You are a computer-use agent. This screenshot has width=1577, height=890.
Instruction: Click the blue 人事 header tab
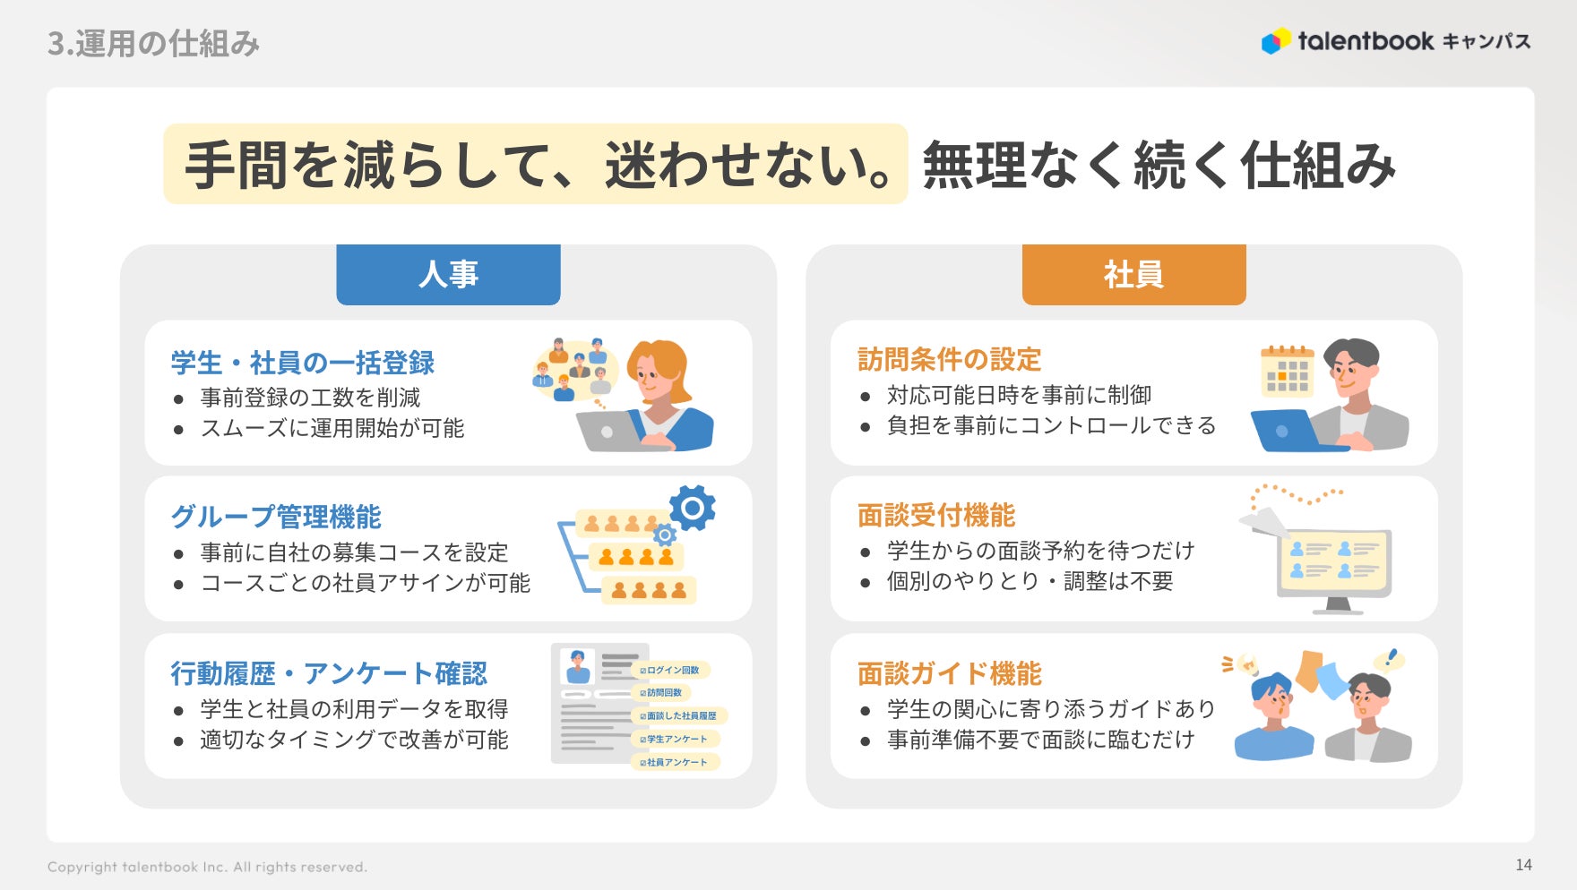click(x=448, y=274)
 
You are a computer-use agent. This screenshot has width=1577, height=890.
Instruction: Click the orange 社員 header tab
click(x=1133, y=274)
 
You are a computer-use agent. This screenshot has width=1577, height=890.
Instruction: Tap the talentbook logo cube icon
click(x=1276, y=40)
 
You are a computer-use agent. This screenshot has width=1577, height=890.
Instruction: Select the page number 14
click(x=1523, y=865)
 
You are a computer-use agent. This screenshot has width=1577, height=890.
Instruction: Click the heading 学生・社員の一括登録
click(x=303, y=363)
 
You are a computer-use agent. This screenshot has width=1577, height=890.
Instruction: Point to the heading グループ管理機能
click(x=276, y=517)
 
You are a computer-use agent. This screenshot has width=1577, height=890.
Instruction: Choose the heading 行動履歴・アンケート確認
click(x=329, y=673)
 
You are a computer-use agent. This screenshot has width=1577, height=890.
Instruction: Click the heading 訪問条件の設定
click(x=949, y=359)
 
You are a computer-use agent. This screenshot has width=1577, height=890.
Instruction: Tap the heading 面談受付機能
click(x=936, y=515)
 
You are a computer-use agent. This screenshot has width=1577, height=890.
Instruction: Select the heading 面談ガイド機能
click(x=949, y=673)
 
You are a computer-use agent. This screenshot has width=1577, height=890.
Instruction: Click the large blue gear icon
click(x=692, y=508)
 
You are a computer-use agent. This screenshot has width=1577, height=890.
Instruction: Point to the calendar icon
click(x=1287, y=371)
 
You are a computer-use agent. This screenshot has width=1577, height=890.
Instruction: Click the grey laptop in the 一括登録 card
click(x=609, y=431)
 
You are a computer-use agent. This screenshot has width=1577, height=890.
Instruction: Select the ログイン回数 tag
click(x=672, y=670)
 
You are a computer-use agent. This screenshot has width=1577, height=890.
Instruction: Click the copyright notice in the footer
click(x=207, y=867)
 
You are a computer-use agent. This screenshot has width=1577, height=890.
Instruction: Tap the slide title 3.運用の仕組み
click(x=153, y=44)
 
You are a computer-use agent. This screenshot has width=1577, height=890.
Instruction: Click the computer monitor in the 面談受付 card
click(x=1334, y=564)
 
